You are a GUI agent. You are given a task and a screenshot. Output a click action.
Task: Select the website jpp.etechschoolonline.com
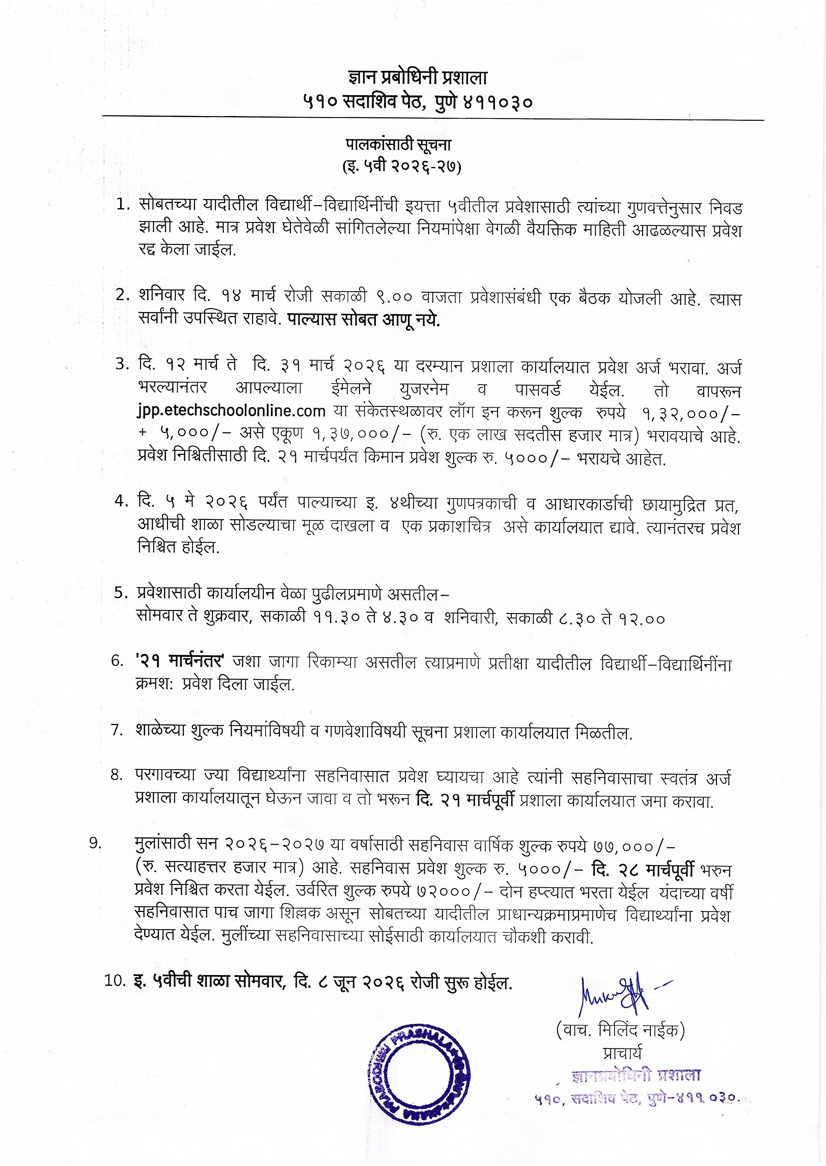coord(231,410)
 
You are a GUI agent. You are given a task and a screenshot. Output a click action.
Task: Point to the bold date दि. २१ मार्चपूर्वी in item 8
coord(465,800)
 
